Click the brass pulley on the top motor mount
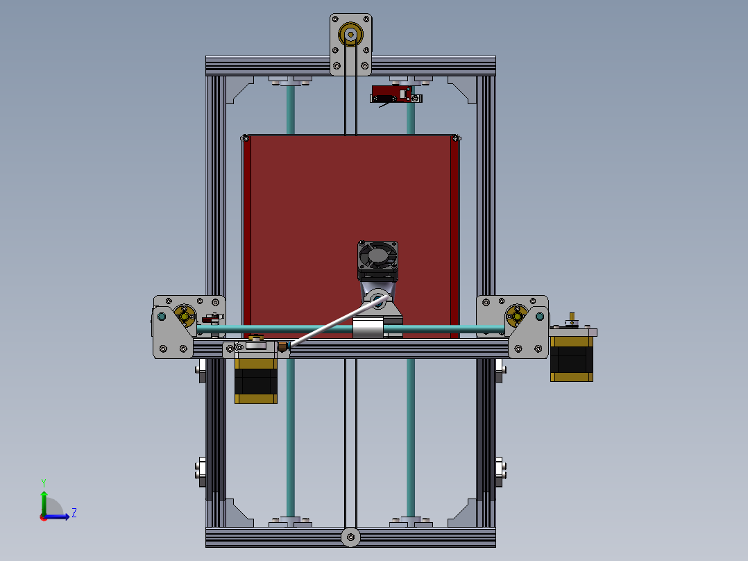tap(350, 35)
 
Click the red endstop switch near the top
tap(391, 93)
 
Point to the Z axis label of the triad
tap(74, 513)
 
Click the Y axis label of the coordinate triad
tap(43, 482)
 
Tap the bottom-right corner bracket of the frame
tap(464, 512)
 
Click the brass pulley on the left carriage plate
tap(185, 316)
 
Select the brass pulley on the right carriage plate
tap(516, 316)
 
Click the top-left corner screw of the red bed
tap(246, 138)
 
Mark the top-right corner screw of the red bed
tap(456, 138)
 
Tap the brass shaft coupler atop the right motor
tap(572, 319)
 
